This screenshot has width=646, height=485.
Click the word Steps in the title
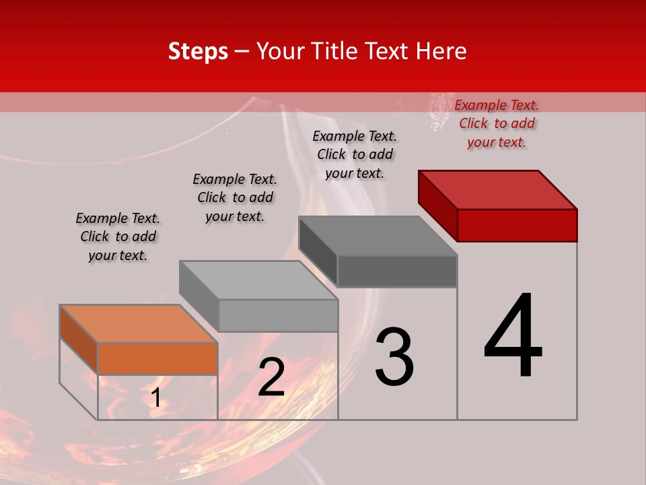coord(198,51)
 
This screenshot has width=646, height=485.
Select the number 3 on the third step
coord(394,356)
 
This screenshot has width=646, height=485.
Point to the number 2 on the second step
coord(271,378)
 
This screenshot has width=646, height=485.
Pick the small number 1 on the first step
coord(155,398)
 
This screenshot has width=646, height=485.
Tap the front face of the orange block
coord(157,358)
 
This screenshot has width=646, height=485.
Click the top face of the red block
coord(498,189)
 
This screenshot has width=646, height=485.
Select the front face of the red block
coord(517,225)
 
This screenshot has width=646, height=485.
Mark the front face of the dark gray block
coord(397,271)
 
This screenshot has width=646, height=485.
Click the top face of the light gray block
coord(258,280)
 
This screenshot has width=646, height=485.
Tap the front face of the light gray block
coord(278,315)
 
